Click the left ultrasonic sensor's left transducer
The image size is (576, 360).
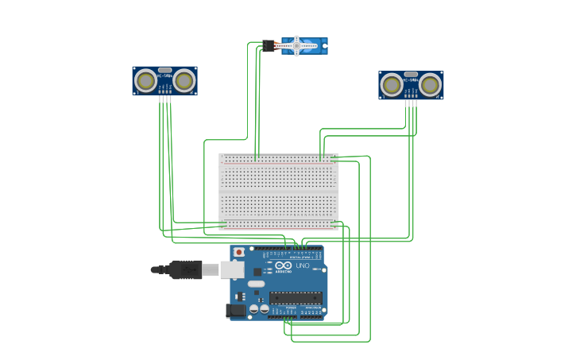click(145, 80)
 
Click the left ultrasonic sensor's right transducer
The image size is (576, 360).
click(184, 80)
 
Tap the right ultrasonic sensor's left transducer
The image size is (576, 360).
click(392, 84)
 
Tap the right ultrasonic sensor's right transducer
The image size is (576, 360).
click(431, 84)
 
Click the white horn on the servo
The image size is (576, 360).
click(296, 46)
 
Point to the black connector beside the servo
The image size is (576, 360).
click(269, 46)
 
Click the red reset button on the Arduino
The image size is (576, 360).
click(238, 252)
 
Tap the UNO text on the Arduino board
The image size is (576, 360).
click(303, 265)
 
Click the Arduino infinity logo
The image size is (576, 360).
click(284, 265)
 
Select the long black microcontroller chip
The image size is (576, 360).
click(296, 298)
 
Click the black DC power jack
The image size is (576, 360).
click(236, 310)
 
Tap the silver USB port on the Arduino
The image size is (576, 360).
click(231, 270)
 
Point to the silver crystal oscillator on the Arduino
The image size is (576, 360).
click(256, 284)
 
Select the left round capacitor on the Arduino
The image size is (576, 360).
click(254, 308)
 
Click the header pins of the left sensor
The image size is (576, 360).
click(164, 99)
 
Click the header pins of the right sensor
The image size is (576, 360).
click(411, 103)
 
